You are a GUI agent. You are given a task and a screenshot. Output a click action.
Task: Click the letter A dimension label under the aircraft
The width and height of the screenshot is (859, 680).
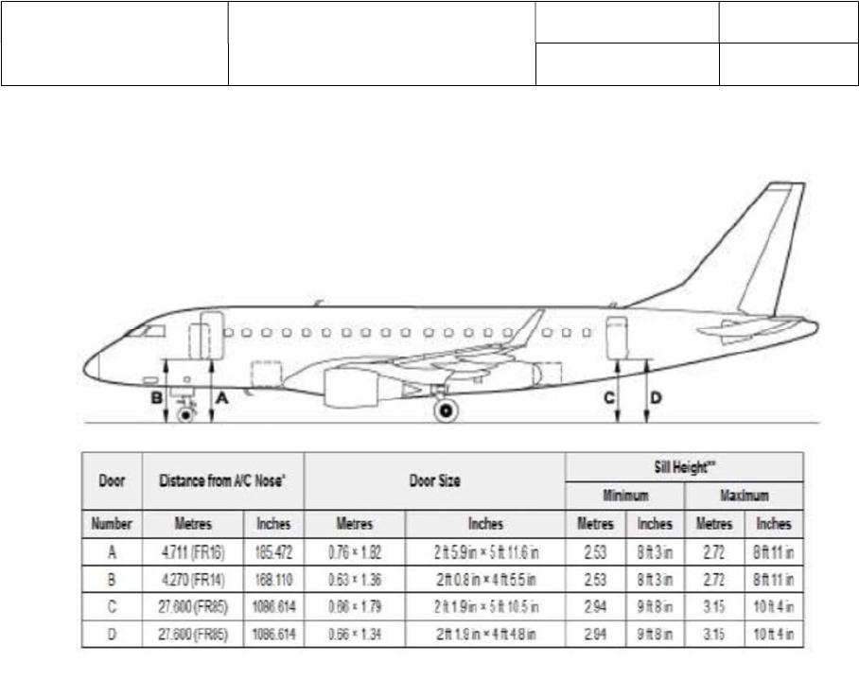coord(222,399)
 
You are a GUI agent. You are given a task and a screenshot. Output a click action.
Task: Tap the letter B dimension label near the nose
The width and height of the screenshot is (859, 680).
coord(157,399)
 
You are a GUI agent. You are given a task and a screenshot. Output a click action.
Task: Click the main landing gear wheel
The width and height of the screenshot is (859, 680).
coord(445,410)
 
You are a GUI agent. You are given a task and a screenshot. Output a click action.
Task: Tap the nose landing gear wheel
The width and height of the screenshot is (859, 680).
coord(185,413)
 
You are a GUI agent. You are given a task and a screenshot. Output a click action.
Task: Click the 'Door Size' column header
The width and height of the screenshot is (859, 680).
coord(435,481)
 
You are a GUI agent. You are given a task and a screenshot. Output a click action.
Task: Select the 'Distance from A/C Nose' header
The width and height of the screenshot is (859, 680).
coord(223,481)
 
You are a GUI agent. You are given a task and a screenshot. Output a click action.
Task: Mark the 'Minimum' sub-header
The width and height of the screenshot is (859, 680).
coord(625,496)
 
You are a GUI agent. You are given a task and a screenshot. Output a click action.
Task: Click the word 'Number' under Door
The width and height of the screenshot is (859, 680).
coord(112,523)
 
